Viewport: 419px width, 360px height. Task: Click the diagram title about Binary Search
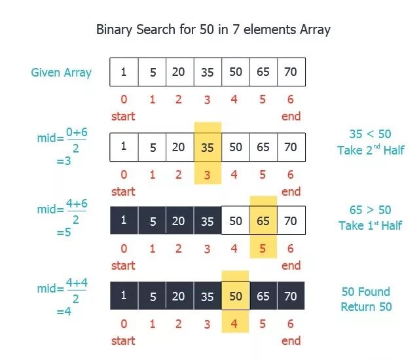(x=213, y=29)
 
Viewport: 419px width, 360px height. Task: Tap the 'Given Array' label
(x=61, y=72)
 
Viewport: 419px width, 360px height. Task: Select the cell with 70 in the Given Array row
(x=291, y=72)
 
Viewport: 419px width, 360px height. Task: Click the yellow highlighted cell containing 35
(x=208, y=148)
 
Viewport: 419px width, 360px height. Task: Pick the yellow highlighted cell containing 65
(x=263, y=221)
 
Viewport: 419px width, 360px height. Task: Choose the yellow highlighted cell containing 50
(x=236, y=296)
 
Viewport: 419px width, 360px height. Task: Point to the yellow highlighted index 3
(x=208, y=175)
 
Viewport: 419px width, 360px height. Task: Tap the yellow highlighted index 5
(x=263, y=249)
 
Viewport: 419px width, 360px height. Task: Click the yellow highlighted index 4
(x=236, y=323)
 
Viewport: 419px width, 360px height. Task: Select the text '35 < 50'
(x=370, y=134)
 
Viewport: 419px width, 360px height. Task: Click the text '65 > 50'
(x=370, y=209)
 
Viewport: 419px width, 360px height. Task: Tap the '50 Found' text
(x=366, y=292)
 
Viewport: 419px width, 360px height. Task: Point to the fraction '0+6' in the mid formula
(x=76, y=132)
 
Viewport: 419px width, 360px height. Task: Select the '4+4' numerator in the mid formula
(x=77, y=283)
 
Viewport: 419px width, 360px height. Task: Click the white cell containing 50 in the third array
(x=236, y=221)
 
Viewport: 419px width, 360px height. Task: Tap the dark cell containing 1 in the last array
(x=124, y=296)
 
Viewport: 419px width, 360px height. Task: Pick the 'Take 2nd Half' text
(x=371, y=150)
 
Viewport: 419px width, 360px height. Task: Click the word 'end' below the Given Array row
(x=291, y=116)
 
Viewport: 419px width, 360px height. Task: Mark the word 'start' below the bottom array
(x=123, y=340)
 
